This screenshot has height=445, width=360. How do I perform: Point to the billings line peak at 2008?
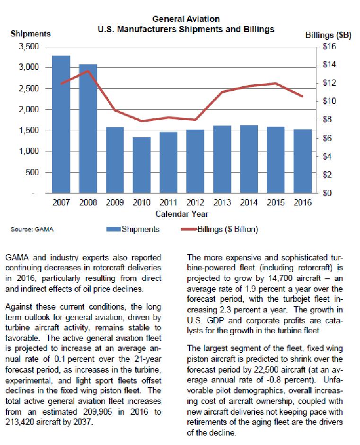(x=88, y=71)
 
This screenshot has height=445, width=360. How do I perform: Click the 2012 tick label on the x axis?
(x=195, y=203)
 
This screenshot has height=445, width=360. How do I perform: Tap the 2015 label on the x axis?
(x=276, y=203)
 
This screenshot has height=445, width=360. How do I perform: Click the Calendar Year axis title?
(x=182, y=214)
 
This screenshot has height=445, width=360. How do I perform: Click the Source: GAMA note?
(x=32, y=230)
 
